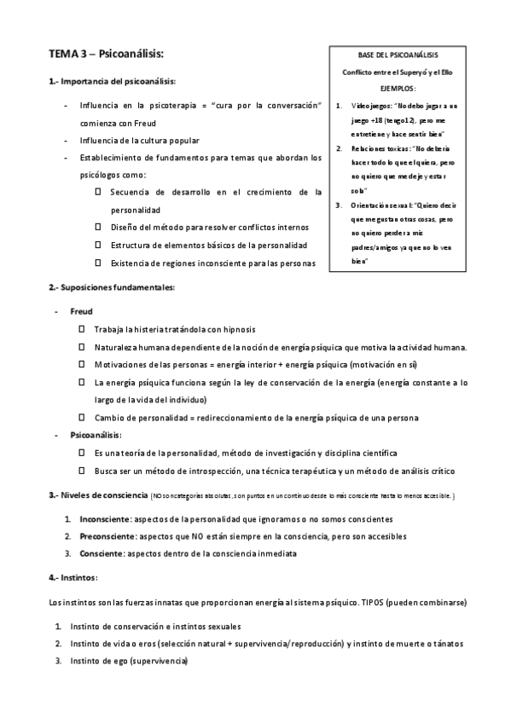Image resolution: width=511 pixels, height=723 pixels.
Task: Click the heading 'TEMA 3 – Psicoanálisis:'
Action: tap(106, 55)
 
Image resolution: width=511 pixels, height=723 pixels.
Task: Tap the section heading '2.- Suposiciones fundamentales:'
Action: tap(112, 287)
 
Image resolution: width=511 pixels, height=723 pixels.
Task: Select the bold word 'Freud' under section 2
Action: tap(82, 311)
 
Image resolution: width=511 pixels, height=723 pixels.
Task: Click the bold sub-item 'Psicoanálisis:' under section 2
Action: tap(96, 435)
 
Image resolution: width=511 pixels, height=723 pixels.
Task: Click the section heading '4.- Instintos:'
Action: tap(73, 578)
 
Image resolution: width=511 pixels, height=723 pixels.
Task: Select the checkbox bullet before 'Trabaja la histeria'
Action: tap(82, 328)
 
